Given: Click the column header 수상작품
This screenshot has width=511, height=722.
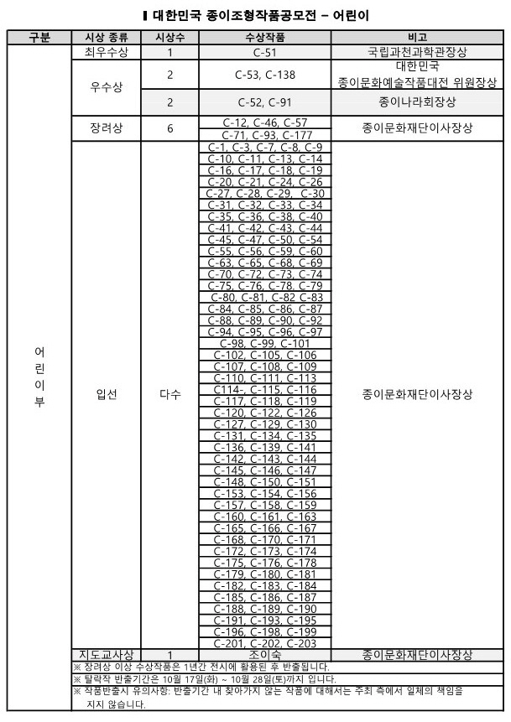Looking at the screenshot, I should coord(264,38).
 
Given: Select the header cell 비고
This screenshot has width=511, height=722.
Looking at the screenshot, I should coord(417,38).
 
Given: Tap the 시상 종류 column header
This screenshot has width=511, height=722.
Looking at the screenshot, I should coord(106,38).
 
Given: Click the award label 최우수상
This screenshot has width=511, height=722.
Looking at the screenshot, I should coord(106,52).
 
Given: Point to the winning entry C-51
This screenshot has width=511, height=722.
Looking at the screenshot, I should coord(264,52).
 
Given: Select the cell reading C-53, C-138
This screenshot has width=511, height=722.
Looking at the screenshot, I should coord(264,75).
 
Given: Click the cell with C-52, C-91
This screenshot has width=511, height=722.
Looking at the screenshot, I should coord(264,102).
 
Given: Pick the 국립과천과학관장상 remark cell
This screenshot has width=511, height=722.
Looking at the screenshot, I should coord(417,52).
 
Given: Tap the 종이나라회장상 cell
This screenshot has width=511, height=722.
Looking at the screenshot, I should coord(417,102).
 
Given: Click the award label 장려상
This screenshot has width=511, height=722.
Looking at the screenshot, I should coord(106,128).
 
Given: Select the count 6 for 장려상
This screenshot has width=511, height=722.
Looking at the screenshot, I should coord(169,128).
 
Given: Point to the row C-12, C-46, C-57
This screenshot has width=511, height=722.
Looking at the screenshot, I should coord(264,123).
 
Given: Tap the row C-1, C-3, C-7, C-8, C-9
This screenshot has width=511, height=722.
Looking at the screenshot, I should coord(264,147).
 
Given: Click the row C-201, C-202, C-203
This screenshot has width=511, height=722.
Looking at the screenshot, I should coord(264,643).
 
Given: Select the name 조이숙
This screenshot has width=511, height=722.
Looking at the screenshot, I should coord(264,654).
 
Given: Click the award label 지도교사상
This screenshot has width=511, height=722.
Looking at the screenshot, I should coord(106,654).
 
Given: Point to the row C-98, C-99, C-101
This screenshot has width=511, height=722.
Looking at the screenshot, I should coord(264,343).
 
